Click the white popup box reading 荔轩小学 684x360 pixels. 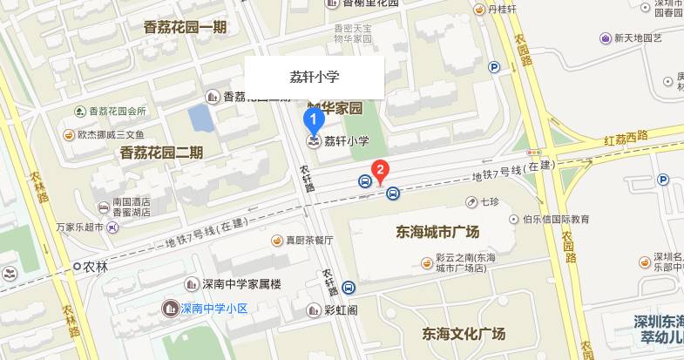pos(314,78)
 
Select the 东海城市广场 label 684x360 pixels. pos(437,233)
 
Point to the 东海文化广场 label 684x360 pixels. pos(464,334)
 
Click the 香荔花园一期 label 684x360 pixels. pos(185,27)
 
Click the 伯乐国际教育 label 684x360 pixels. pos(556,219)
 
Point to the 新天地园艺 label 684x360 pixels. pos(638,38)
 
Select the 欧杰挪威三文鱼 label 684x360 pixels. pos(110,134)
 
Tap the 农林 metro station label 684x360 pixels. pos(96,267)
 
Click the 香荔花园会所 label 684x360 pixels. pos(117,111)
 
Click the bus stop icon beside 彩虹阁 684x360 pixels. pos(349,288)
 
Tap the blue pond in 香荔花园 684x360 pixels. pos(200,117)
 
